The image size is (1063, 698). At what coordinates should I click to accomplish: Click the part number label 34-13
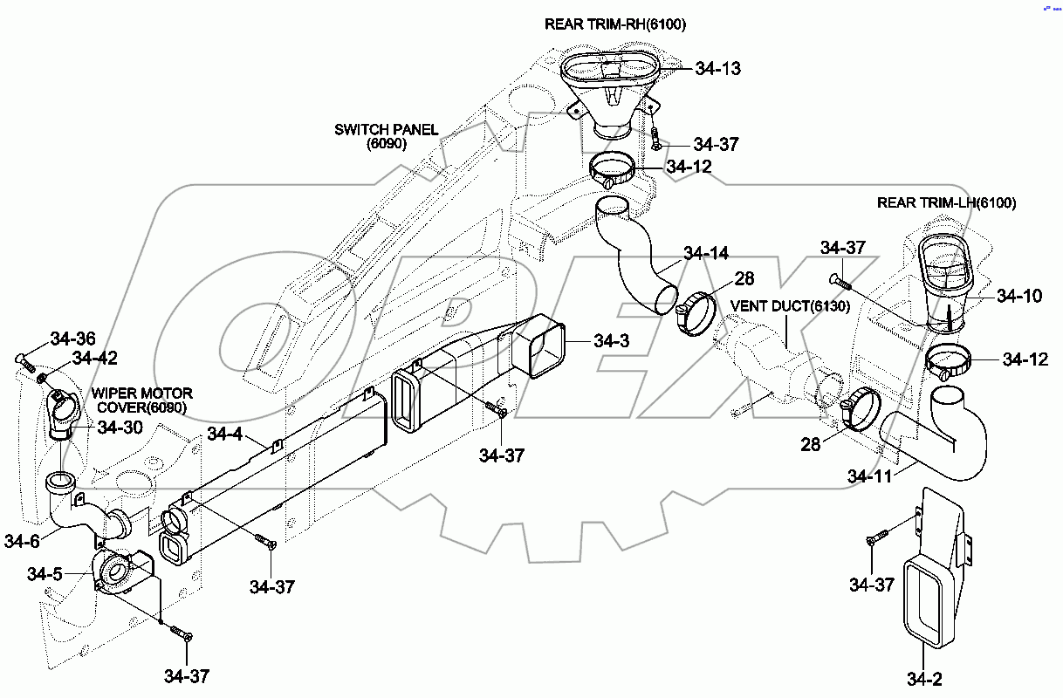[717, 68]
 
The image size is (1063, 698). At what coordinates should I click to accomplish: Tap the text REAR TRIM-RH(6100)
[615, 24]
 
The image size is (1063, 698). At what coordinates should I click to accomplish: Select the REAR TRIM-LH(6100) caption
[946, 203]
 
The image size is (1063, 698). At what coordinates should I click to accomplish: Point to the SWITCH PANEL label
[386, 130]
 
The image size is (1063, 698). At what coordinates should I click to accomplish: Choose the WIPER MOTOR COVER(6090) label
[145, 400]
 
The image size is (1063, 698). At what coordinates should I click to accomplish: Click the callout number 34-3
[611, 341]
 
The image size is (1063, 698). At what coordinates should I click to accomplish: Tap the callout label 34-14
[705, 254]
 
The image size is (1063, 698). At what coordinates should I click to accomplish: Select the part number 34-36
[73, 339]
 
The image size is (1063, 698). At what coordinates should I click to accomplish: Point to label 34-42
[95, 358]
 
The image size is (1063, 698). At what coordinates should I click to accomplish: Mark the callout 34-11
[870, 476]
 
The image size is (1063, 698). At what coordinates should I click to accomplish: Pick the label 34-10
[1018, 296]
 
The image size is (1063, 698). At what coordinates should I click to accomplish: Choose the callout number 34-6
[22, 541]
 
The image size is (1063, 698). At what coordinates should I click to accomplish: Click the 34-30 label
[120, 428]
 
